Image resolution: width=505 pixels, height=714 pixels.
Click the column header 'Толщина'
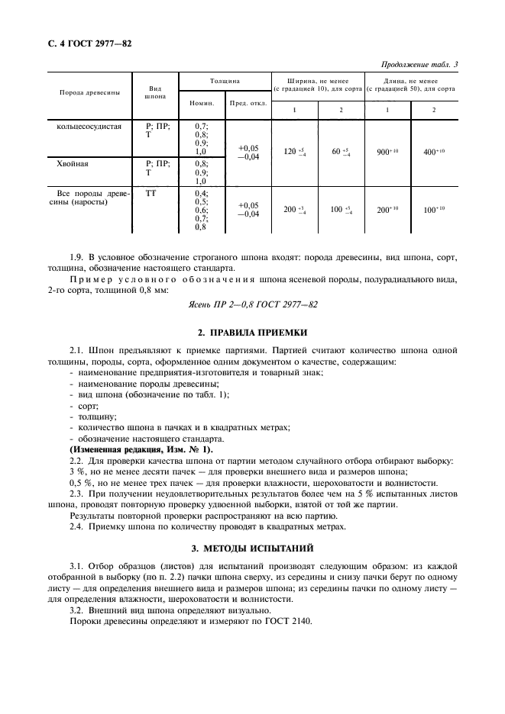[x=225, y=80]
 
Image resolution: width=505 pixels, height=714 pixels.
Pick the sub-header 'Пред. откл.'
[x=248, y=103]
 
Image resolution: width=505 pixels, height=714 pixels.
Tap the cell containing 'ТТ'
[x=151, y=194]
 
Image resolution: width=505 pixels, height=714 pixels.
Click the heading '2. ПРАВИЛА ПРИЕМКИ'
[x=253, y=333]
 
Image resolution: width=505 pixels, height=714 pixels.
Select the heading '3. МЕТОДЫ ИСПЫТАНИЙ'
[x=253, y=548]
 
